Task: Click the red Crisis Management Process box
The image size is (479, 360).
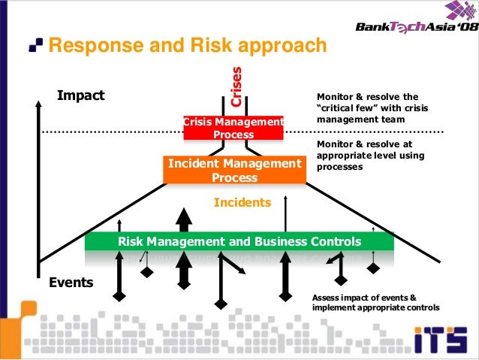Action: pyautogui.click(x=233, y=129)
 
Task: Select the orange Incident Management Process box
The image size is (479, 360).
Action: pyautogui.click(x=234, y=171)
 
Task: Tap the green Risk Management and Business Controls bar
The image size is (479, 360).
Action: pyautogui.click(x=239, y=242)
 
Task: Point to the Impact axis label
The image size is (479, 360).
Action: pyautogui.click(x=81, y=96)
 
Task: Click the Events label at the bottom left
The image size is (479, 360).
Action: pyautogui.click(x=71, y=283)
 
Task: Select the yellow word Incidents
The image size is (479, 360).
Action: pyautogui.click(x=242, y=202)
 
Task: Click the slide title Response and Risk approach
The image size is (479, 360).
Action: pyautogui.click(x=188, y=47)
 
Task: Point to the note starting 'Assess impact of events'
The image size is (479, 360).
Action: pyautogui.click(x=375, y=303)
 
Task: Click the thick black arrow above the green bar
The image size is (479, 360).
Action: pyautogui.click(x=183, y=219)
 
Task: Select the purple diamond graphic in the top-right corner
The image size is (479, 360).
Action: pyautogui.click(x=460, y=12)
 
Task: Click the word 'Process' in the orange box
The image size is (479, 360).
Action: pyautogui.click(x=234, y=178)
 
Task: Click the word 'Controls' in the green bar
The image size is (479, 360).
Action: pyautogui.click(x=335, y=242)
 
